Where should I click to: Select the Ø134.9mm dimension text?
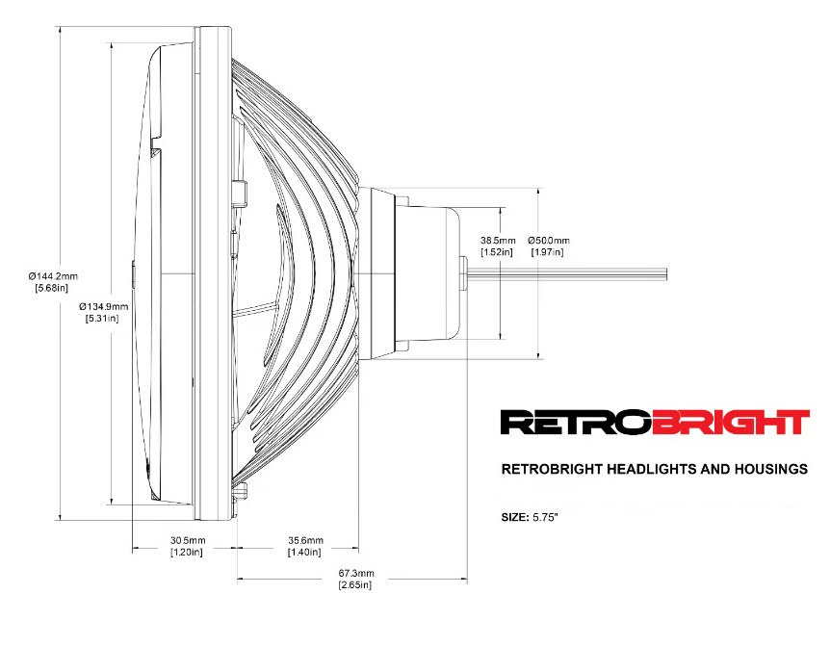click(x=104, y=306)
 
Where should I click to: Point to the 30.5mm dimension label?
click(x=187, y=539)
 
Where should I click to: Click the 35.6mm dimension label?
click(x=304, y=539)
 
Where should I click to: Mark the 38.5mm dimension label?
click(x=499, y=240)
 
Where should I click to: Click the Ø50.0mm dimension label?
click(x=549, y=240)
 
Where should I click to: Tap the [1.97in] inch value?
click(x=547, y=252)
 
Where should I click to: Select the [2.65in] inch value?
click(x=354, y=585)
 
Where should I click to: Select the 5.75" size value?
click(x=546, y=517)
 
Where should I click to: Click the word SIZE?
click(x=515, y=517)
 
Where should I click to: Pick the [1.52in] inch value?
click(x=499, y=252)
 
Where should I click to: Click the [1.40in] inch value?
click(x=304, y=552)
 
